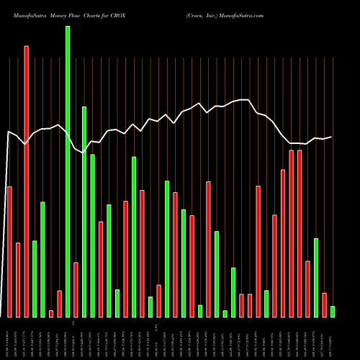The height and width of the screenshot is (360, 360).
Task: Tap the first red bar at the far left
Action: [x=9, y=252]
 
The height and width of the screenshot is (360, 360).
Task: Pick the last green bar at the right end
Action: [x=333, y=312]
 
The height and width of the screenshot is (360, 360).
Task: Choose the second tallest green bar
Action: [x=84, y=212]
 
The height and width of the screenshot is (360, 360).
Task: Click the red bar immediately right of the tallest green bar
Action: [x=76, y=289]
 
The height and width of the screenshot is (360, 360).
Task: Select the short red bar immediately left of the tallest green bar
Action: [x=59, y=304]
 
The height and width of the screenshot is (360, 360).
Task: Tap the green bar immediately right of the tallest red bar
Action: [x=35, y=279]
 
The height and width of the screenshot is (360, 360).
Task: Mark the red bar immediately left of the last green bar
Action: [x=324, y=305]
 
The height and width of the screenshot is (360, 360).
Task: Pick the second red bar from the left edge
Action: [x=18, y=280]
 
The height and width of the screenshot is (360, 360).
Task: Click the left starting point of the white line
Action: [x=8, y=132]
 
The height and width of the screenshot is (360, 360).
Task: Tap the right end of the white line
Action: [x=332, y=137]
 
